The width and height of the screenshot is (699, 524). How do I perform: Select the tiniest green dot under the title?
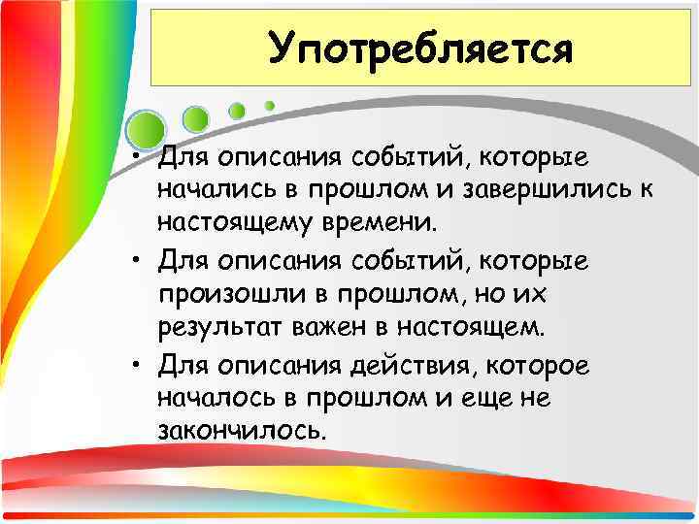270,105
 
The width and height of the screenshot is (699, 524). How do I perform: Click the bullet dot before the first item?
141,156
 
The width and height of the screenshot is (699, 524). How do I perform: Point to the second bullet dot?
141,262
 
